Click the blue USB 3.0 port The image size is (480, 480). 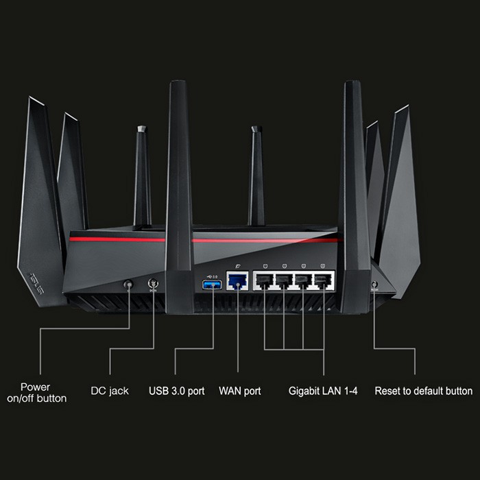211,283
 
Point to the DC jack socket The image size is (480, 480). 152,283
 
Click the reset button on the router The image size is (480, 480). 374,283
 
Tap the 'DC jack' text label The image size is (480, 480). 110,391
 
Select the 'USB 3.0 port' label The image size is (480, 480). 176,391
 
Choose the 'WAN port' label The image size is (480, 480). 239,391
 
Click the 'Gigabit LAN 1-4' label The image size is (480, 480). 322,391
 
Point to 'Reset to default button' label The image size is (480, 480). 423,391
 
